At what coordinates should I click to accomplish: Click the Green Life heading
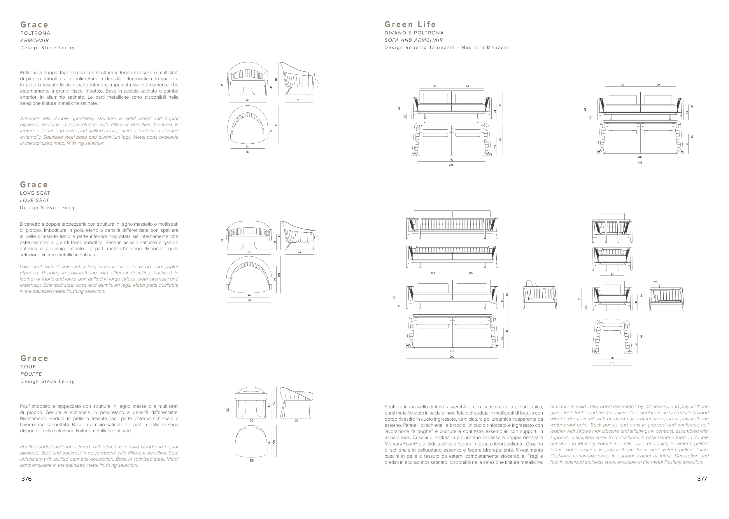pos(410,24)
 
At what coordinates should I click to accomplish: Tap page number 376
pos(27,479)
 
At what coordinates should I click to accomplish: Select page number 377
pos(702,479)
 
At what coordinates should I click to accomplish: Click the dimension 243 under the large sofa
pos(640,163)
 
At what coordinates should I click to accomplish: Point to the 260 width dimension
pos(452,357)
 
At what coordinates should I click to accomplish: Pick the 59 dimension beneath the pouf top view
pos(252,461)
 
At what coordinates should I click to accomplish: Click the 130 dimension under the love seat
pos(249,300)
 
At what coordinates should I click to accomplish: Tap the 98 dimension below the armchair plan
pos(247,152)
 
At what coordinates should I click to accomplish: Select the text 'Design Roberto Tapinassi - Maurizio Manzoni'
pos(446,48)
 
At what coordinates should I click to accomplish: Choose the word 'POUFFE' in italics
pos(31,374)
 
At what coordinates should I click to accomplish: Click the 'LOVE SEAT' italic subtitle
pos(34,200)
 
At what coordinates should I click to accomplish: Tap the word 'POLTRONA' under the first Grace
pos(35,33)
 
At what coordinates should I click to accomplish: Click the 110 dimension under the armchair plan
pos(612,363)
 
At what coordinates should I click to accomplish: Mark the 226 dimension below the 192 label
pos(451,165)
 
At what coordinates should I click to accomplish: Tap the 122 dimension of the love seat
pos(249,252)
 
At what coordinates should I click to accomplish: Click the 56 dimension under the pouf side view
pos(296,421)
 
